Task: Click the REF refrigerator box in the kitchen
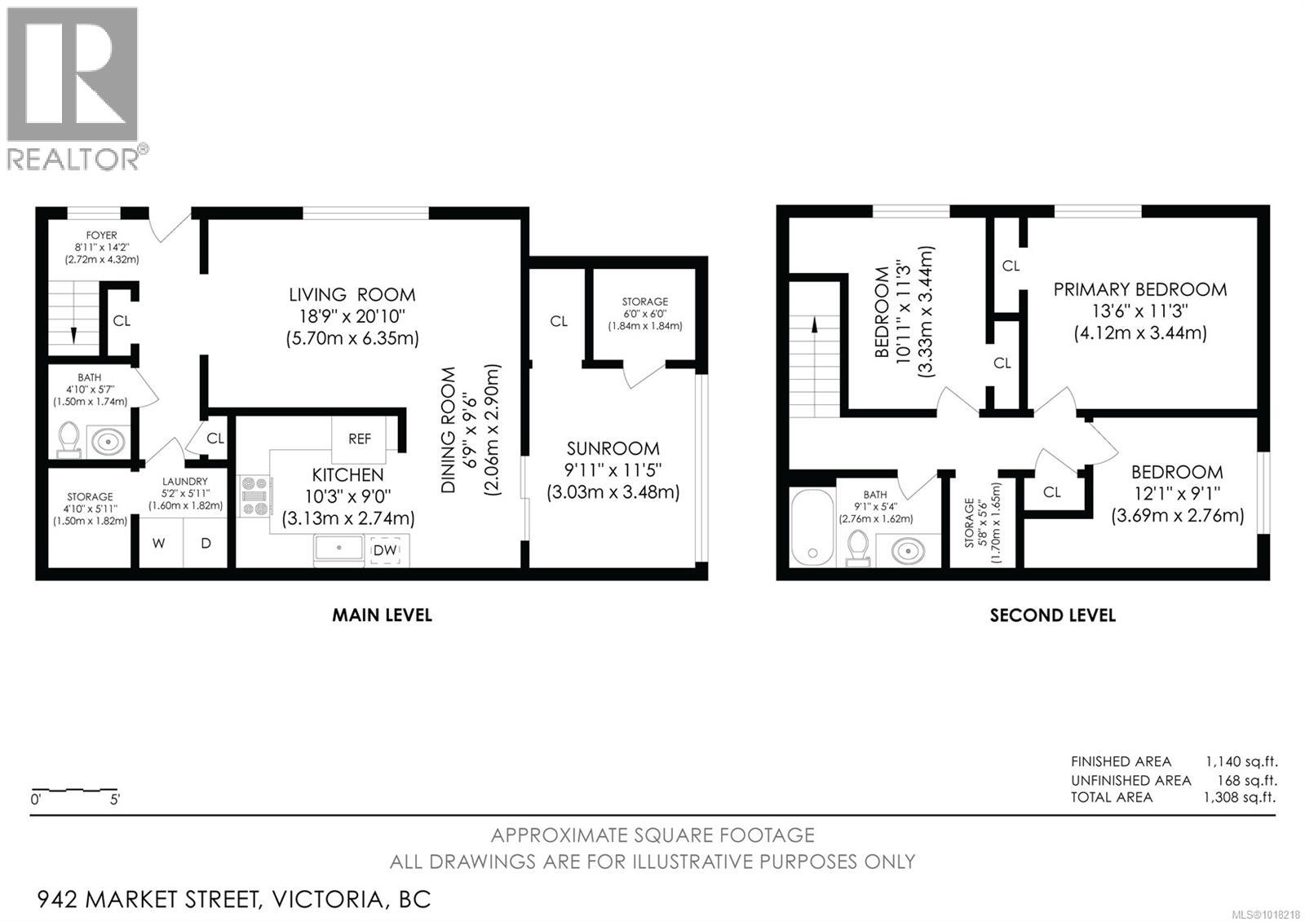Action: click(x=360, y=438)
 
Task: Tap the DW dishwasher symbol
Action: click(x=385, y=550)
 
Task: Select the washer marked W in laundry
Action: click(x=159, y=543)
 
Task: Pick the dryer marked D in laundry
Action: click(x=206, y=543)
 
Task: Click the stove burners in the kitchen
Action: click(x=255, y=496)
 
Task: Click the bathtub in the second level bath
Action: click(x=812, y=527)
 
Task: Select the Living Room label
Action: click(x=352, y=295)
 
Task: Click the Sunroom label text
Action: click(x=613, y=448)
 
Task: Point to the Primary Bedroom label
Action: click(x=1139, y=289)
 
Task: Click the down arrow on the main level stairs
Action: click(x=73, y=334)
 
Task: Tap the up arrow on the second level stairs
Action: click(x=814, y=324)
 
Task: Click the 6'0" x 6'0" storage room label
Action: click(x=644, y=314)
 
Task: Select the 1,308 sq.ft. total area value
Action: click(x=1240, y=798)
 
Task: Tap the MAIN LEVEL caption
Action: click(x=382, y=615)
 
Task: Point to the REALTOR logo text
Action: click(x=73, y=158)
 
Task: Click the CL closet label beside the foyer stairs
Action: click(x=122, y=321)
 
